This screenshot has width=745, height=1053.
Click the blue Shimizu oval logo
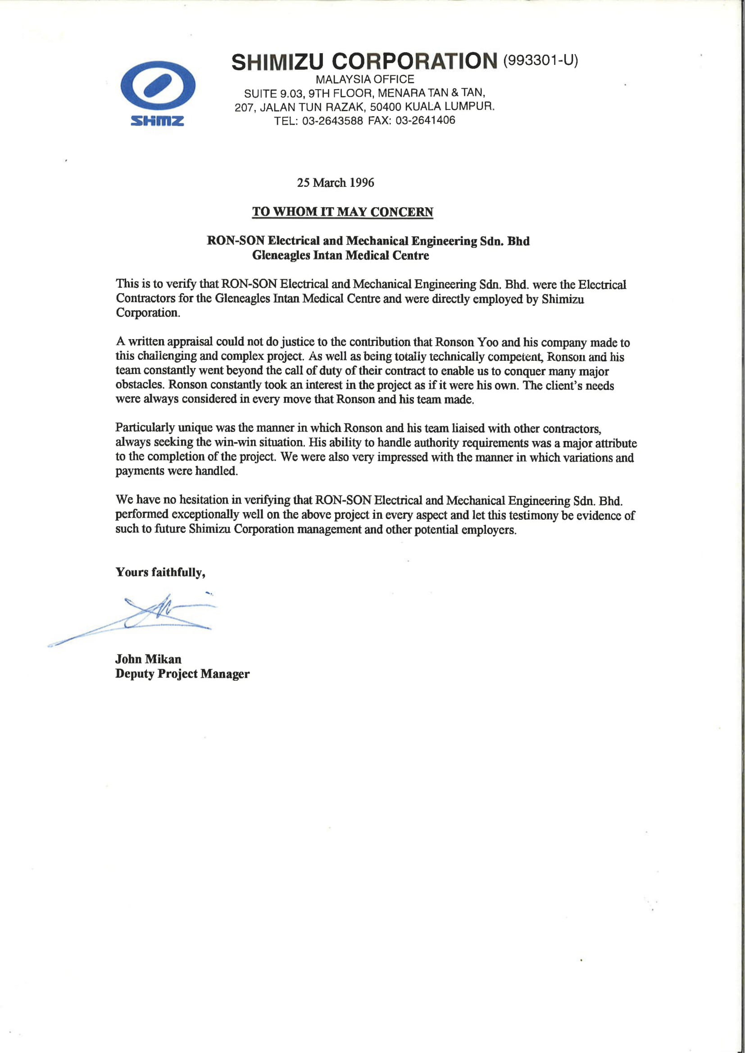[x=158, y=86]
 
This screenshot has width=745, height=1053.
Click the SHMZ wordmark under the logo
[x=157, y=121]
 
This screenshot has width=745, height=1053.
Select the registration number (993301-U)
[x=541, y=60]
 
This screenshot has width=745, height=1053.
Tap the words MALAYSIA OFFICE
[x=365, y=79]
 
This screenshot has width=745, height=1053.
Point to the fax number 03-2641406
[x=425, y=120]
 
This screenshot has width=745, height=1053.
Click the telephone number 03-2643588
[x=332, y=121]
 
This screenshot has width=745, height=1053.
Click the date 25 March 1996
[x=336, y=182]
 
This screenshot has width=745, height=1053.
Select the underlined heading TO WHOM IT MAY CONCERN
[x=342, y=212]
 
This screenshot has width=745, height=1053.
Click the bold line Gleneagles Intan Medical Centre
[x=341, y=255]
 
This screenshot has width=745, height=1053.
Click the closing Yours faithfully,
[x=160, y=572]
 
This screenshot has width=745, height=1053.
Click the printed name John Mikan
[x=148, y=659]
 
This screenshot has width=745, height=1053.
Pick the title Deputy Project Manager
[x=182, y=674]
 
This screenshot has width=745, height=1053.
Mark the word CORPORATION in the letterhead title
[x=414, y=61]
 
